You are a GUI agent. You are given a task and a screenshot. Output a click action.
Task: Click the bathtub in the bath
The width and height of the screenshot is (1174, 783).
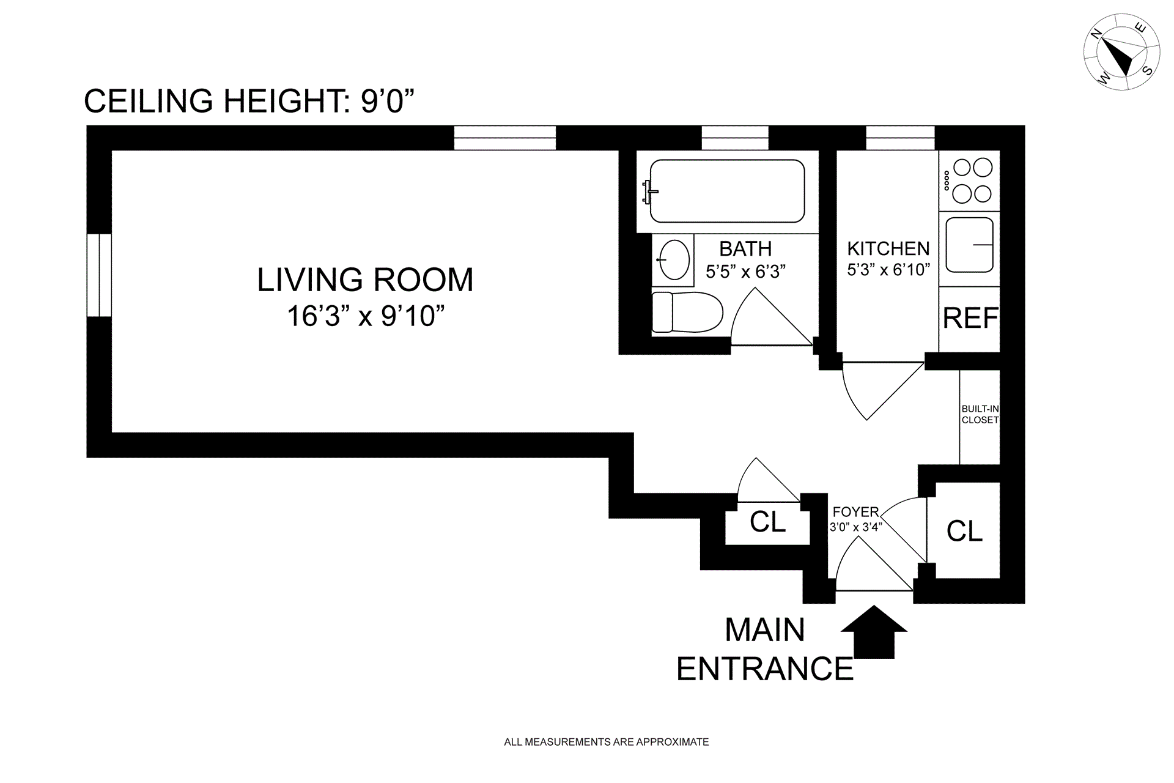pyautogui.click(x=727, y=191)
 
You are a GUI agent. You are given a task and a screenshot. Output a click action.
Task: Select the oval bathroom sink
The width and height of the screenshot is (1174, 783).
pyautogui.click(x=674, y=259)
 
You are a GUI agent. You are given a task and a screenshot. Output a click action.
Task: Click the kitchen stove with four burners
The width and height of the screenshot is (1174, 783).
pyautogui.click(x=969, y=180)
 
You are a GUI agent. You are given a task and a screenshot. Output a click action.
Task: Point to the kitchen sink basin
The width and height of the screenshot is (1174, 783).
pyautogui.click(x=969, y=245)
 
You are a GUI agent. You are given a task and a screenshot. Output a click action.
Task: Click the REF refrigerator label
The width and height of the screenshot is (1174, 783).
pyautogui.click(x=970, y=318)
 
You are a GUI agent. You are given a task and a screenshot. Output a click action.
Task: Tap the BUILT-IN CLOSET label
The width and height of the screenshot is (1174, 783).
pyautogui.click(x=980, y=414)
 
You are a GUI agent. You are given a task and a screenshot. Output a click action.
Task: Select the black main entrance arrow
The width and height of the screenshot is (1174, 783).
pyautogui.click(x=874, y=631)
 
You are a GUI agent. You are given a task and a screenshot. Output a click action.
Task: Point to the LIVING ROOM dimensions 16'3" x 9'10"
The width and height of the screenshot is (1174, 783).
pyautogui.click(x=366, y=316)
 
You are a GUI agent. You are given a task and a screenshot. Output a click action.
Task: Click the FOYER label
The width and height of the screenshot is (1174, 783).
pyautogui.click(x=856, y=511)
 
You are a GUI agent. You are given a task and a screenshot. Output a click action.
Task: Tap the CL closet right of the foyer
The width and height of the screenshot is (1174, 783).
pyautogui.click(x=964, y=530)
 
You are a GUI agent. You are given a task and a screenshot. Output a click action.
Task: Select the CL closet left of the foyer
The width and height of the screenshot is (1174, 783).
pyautogui.click(x=767, y=522)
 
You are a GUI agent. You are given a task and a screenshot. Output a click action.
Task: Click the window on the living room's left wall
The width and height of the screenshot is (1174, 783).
pyautogui.click(x=99, y=275)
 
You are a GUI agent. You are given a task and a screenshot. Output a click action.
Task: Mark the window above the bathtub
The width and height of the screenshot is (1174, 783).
pyautogui.click(x=734, y=138)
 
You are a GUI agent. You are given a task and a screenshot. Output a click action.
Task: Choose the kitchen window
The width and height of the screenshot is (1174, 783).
pyautogui.click(x=900, y=138)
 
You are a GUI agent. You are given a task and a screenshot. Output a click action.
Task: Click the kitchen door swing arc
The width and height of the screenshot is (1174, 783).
pyautogui.click(x=850, y=398)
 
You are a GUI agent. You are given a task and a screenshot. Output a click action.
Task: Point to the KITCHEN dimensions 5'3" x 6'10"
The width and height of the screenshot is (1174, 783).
pyautogui.click(x=888, y=270)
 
